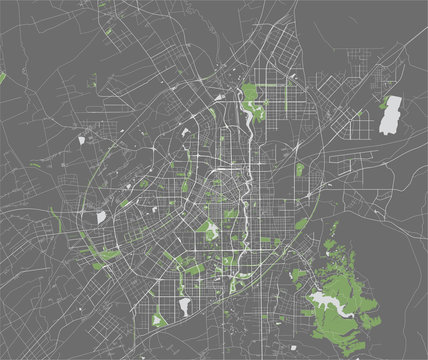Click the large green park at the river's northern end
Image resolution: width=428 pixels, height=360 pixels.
coord(250,100)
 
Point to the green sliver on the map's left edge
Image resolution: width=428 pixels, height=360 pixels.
coord(2,77)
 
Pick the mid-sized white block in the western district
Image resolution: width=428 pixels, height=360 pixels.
coord(100,215)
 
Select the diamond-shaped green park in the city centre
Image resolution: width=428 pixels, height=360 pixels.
coord(210,231)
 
